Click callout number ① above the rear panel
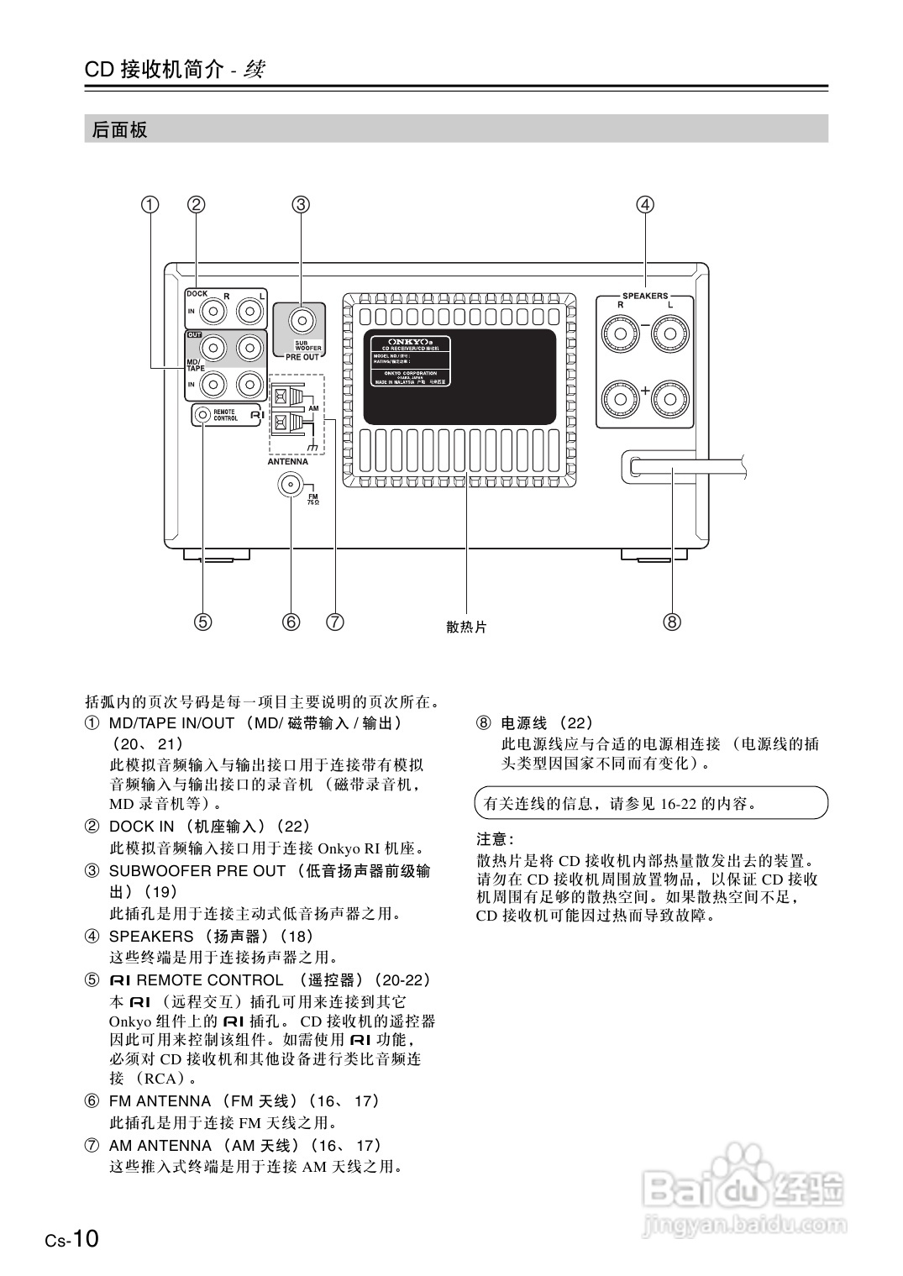(x=150, y=204)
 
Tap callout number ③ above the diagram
(x=301, y=204)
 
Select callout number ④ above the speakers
(x=645, y=204)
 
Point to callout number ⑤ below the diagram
(x=202, y=622)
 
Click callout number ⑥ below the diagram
(x=291, y=622)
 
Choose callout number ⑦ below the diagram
(x=334, y=622)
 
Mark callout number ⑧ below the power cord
(x=672, y=622)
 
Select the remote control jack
(x=203, y=414)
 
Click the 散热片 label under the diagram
(x=466, y=627)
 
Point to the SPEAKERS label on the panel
(x=645, y=296)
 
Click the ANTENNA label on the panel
(x=287, y=461)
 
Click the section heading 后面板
(x=120, y=129)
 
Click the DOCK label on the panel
(x=197, y=294)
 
